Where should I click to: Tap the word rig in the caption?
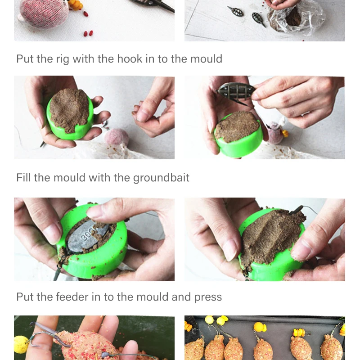[63, 60]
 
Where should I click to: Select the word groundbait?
[161, 178]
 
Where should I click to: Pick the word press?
[208, 298]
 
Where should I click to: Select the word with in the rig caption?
[83, 59]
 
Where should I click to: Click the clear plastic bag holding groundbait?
[296, 19]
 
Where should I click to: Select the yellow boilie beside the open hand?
[22, 344]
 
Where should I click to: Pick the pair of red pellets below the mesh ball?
[88, 33]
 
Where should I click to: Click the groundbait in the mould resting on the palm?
[69, 110]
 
